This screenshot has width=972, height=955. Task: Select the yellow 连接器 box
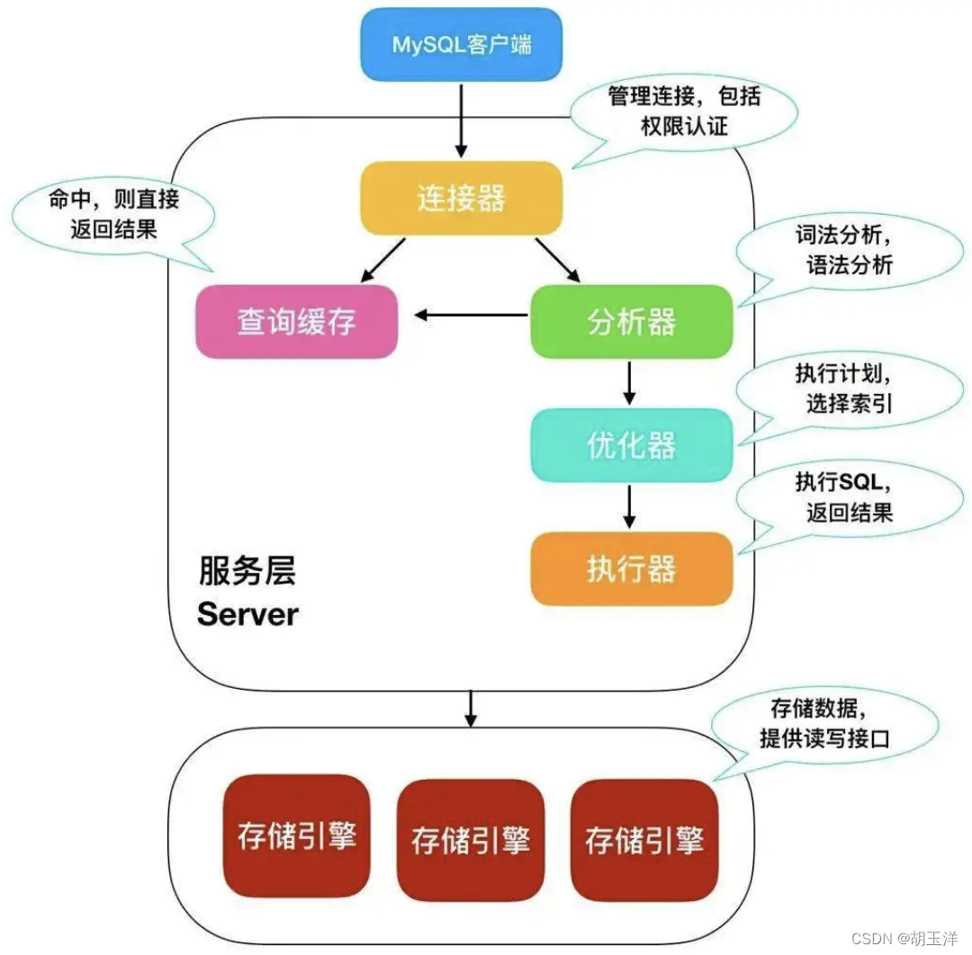point(461,198)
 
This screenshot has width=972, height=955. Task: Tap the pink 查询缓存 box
point(296,321)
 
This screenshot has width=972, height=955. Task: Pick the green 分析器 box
point(631,321)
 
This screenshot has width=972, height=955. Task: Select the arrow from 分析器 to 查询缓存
point(471,315)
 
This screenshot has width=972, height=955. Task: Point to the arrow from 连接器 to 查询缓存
point(382,260)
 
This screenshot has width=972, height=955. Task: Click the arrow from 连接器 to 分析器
point(558,260)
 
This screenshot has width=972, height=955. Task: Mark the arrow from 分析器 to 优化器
point(629,383)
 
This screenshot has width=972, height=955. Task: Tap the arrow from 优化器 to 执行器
point(629,506)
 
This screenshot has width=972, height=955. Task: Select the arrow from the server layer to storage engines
point(470,709)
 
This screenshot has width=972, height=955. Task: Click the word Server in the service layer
point(247,614)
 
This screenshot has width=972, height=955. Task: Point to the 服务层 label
point(247,571)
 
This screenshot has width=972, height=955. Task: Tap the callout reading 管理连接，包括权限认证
point(684,110)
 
